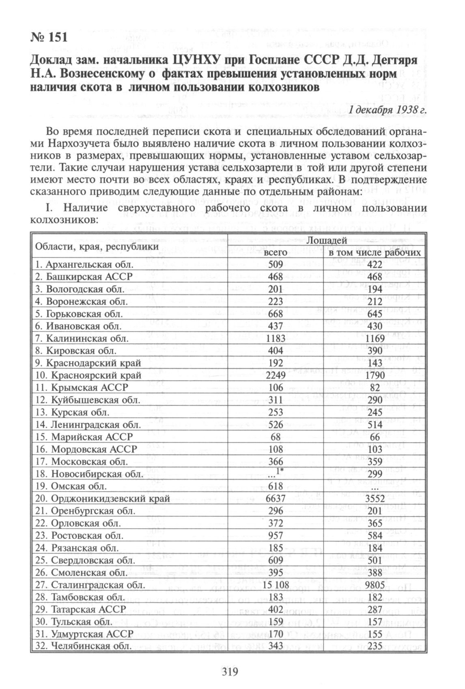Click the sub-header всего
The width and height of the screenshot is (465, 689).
pyautogui.click(x=276, y=253)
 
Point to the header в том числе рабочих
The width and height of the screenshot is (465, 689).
pyautogui.click(x=375, y=253)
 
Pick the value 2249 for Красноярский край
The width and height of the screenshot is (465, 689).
pyautogui.click(x=276, y=375)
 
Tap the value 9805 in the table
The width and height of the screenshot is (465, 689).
pyautogui.click(x=374, y=585)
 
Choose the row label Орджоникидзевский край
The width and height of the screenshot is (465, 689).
pyautogui.click(x=102, y=498)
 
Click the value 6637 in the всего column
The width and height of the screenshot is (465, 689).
pyautogui.click(x=276, y=498)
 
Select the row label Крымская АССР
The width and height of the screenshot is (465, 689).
pyautogui.click(x=81, y=387)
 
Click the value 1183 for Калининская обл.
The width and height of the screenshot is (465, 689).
pyautogui.click(x=276, y=338)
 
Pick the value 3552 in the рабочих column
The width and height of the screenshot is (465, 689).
pyautogui.click(x=374, y=498)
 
